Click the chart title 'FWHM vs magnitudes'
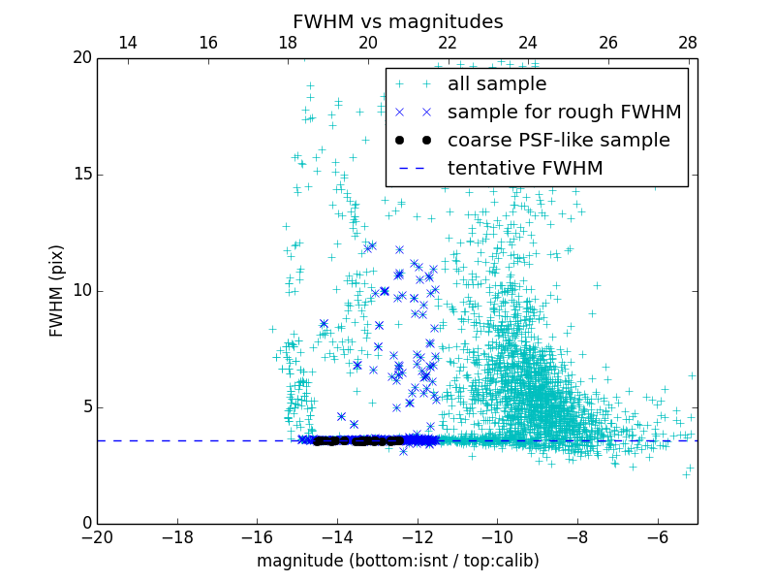pos(397,21)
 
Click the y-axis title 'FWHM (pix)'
pos(57,290)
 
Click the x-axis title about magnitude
pos(397,561)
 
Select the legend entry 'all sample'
pos(497,84)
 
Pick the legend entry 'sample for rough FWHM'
pos(564,113)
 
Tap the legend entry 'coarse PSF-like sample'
pos(558,141)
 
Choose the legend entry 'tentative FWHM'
pos(525,169)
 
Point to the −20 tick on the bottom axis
pos(97,536)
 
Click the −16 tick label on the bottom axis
pos(257,536)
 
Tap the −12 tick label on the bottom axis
pos(417,536)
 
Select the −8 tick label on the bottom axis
pos(577,536)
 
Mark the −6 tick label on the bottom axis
pos(657,536)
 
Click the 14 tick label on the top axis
pos(127,44)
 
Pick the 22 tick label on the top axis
pos(448,44)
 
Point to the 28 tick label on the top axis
pos(688,44)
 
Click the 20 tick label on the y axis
pos(80,58)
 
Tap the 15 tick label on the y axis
pos(80,175)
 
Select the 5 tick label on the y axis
pos(84,407)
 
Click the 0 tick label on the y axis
pos(84,524)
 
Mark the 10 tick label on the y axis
pos(80,291)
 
